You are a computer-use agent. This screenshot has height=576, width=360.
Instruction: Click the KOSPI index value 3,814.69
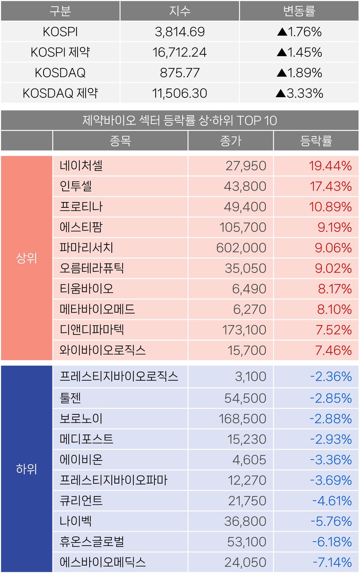click(180, 32)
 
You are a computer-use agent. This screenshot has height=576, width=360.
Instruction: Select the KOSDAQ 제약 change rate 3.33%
click(304, 93)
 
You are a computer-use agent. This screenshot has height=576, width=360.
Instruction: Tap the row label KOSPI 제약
click(60, 52)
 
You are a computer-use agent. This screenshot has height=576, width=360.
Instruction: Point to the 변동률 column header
click(299, 11)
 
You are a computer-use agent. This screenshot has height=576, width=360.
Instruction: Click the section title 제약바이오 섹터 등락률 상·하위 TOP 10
click(180, 120)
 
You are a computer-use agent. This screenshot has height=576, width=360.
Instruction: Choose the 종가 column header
click(231, 141)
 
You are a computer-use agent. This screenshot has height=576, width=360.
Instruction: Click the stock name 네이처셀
click(81, 165)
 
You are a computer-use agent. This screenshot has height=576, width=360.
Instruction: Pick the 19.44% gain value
click(330, 166)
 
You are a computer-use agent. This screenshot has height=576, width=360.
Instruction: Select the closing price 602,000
click(241, 248)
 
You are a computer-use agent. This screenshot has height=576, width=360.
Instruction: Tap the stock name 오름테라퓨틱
click(91, 268)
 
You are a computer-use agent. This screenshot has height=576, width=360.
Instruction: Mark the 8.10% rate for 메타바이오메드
click(334, 309)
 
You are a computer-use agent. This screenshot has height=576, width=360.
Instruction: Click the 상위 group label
click(26, 258)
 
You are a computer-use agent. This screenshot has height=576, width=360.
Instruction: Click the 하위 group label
click(26, 469)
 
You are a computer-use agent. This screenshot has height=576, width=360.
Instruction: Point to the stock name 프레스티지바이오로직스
click(118, 376)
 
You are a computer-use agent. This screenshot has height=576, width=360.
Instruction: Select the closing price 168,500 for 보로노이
click(242, 419)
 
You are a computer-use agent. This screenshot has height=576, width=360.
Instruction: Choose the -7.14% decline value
click(332, 562)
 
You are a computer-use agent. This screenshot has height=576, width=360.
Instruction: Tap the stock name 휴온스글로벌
click(92, 541)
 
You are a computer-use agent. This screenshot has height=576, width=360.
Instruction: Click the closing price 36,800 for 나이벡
click(245, 521)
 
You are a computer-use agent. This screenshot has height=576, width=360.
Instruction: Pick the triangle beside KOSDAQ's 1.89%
click(282, 73)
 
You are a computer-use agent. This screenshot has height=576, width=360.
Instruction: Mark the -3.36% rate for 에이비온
click(331, 460)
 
